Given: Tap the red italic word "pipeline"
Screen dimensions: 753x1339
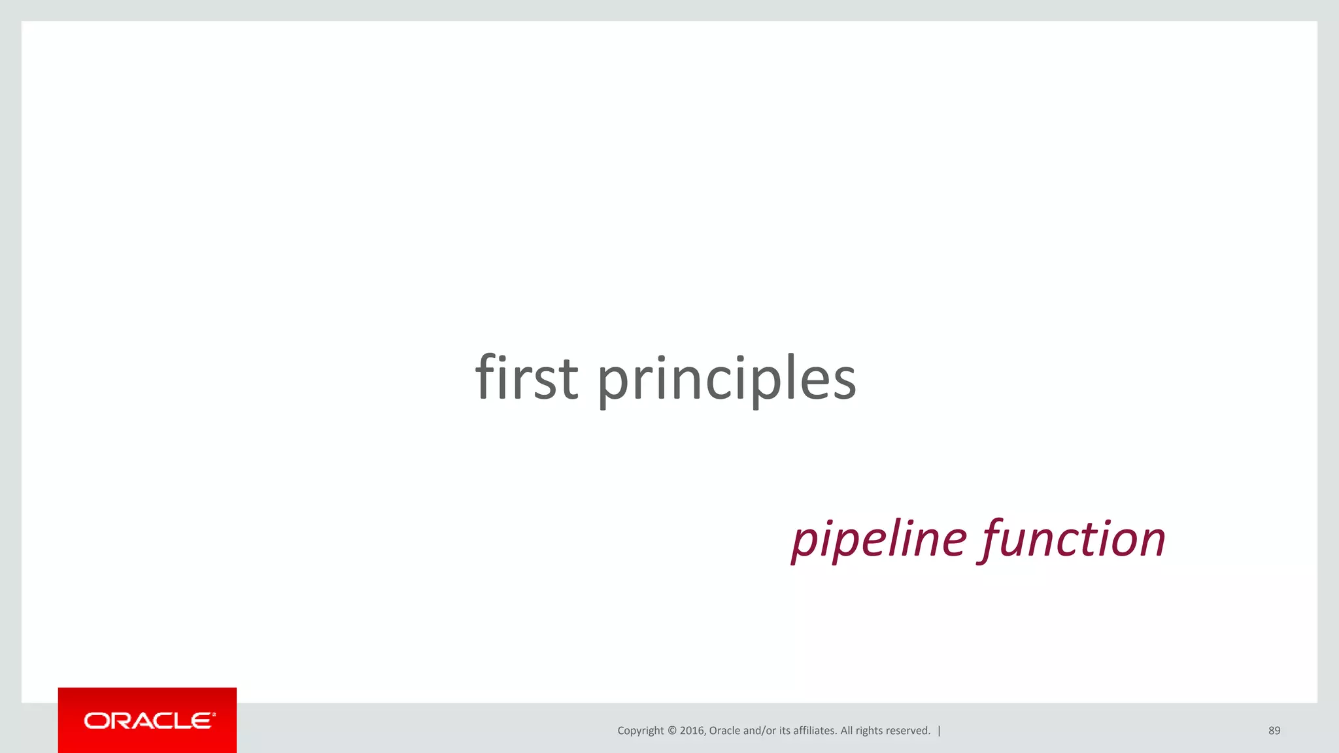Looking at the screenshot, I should (879, 539).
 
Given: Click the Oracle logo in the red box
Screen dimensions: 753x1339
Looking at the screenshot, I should (149, 720).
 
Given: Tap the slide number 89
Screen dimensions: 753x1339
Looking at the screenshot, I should (1274, 731).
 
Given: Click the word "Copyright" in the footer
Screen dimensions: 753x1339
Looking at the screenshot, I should (640, 731).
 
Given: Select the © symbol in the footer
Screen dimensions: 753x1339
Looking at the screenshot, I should (672, 731).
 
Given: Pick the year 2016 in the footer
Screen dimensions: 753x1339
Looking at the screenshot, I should (692, 731).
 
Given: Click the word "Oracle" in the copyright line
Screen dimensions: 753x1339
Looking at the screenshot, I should (724, 731).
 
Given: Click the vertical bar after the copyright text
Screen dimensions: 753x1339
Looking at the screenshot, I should (940, 731).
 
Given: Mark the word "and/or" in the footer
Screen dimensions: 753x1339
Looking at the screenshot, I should (760, 731).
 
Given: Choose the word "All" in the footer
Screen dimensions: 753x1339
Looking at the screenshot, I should (847, 731).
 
